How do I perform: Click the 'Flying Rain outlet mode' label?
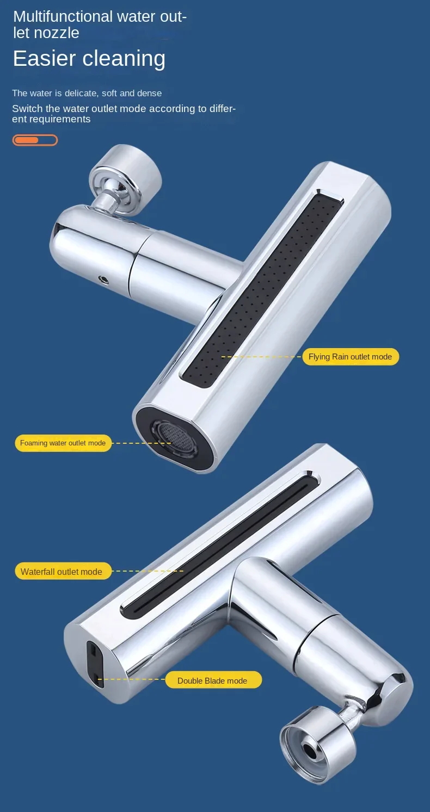click(x=350, y=357)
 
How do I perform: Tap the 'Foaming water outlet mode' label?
click(x=63, y=443)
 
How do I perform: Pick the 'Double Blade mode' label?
click(x=213, y=681)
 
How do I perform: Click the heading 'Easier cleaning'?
click(x=89, y=58)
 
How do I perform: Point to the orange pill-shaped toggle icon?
click(x=35, y=140)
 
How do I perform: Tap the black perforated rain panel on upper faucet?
click(x=262, y=289)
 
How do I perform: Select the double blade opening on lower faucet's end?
click(x=95, y=664)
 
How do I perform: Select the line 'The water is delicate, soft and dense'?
click(x=87, y=93)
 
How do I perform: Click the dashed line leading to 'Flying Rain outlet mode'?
click(x=261, y=357)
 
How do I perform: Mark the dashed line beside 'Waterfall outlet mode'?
click(x=148, y=571)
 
